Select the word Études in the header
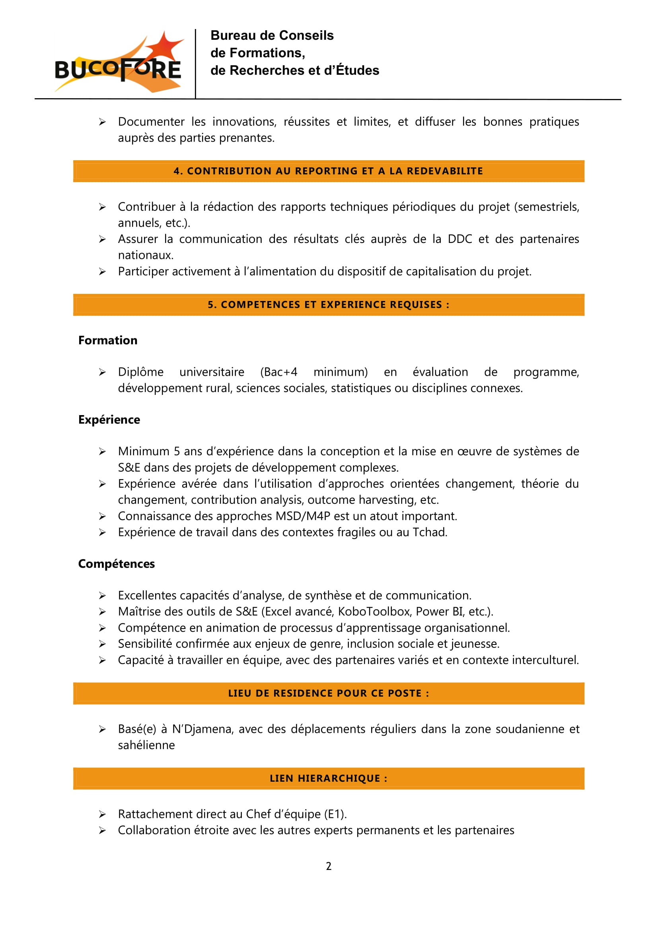358,70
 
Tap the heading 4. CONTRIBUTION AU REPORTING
328,171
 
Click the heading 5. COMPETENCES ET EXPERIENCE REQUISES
328,305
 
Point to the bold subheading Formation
108,340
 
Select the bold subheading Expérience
109,419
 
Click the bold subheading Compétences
116,564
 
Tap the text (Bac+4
279,372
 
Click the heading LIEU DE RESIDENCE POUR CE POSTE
328,693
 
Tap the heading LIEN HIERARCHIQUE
328,778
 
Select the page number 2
329,866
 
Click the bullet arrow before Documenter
102,122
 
